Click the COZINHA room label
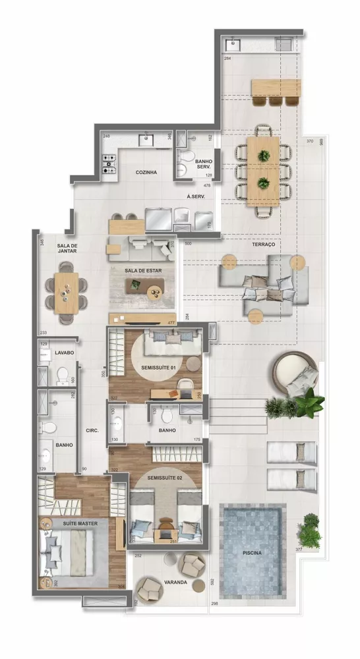click(146, 173)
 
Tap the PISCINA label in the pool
click(252, 553)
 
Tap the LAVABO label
click(64, 353)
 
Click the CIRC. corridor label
click(92, 430)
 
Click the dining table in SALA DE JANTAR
click(66, 293)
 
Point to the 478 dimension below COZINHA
click(206, 186)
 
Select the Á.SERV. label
click(195, 196)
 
